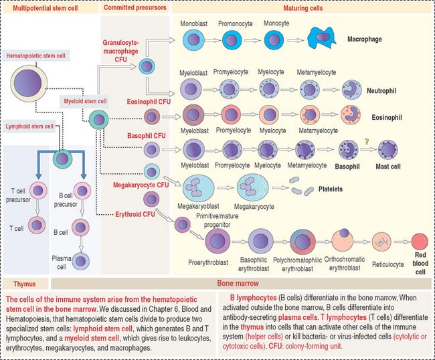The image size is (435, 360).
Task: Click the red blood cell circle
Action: pyautogui.click(x=420, y=242)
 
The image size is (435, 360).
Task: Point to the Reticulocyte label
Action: pyautogui.click(x=387, y=264)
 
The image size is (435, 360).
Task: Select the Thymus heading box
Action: pyautogui.click(x=27, y=284)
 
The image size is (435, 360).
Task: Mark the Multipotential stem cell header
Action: pyautogui.click(x=49, y=8)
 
